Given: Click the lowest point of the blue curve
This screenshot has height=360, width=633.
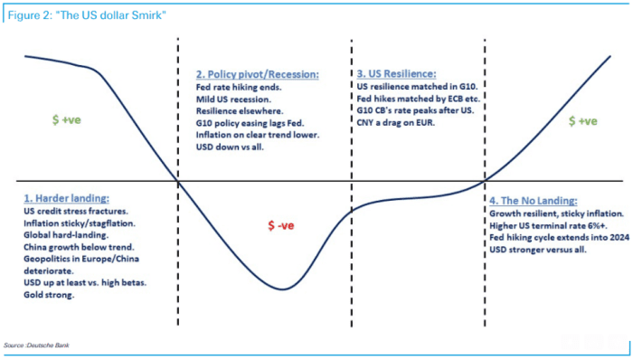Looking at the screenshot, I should [x=284, y=289].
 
